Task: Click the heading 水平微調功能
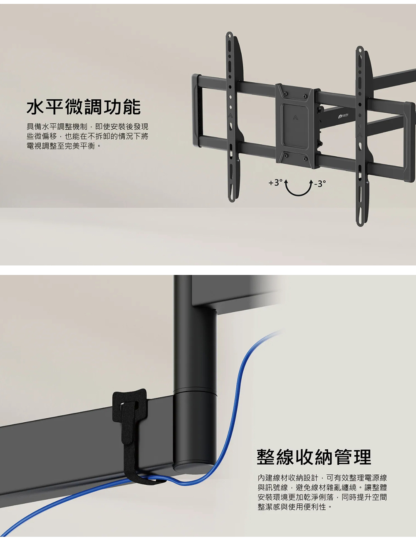click(84, 107)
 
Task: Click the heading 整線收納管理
click(314, 456)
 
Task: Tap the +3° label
click(275, 182)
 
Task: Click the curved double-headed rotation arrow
click(298, 194)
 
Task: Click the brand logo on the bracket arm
click(344, 116)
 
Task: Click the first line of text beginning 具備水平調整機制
click(87, 126)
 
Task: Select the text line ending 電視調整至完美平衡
click(64, 146)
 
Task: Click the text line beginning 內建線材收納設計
click(322, 478)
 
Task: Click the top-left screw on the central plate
click(285, 94)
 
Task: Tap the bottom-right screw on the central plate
click(305, 159)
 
